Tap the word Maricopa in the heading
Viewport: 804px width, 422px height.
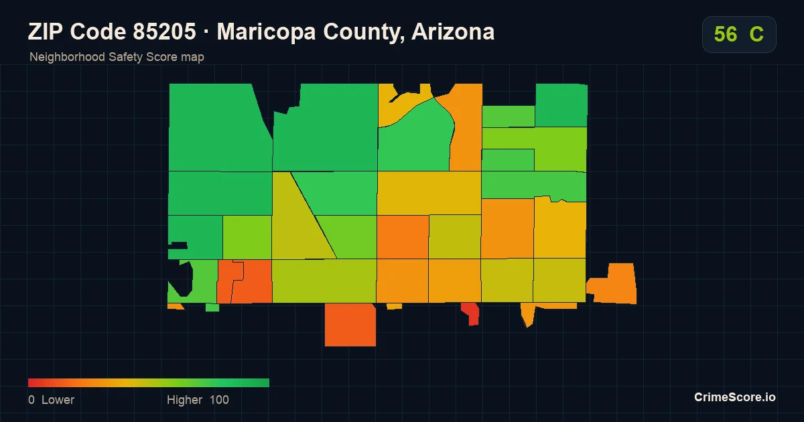(267, 32)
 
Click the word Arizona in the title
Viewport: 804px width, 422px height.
(453, 31)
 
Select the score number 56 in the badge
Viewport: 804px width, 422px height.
(726, 34)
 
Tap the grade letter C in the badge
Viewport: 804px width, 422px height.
(756, 34)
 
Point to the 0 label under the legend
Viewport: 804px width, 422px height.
(31, 399)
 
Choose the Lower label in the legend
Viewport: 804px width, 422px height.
(58, 399)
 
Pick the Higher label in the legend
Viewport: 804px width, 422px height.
(184, 400)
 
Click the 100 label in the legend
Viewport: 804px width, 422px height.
(219, 399)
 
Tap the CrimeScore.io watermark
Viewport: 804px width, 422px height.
(735, 397)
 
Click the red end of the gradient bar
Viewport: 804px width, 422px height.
(29, 382)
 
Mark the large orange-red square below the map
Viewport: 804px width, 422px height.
(350, 325)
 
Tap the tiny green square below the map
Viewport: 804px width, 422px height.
(212, 307)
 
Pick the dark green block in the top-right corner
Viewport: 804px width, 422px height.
(561, 105)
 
